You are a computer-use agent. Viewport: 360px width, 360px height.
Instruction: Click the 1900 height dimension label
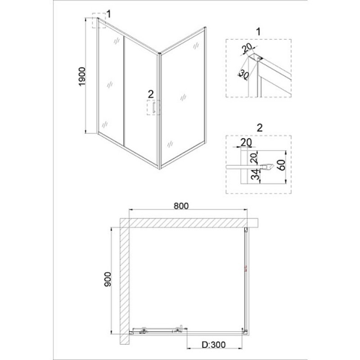click(x=82, y=76)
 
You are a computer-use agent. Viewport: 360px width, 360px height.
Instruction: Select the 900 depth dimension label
click(x=108, y=279)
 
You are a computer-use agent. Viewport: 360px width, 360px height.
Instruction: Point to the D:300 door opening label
click(x=213, y=344)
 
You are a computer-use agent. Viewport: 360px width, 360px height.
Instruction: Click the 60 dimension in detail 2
click(x=282, y=165)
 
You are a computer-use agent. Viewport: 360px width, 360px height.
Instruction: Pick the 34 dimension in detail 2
click(x=254, y=175)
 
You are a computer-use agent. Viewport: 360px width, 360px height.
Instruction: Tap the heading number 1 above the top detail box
click(x=258, y=31)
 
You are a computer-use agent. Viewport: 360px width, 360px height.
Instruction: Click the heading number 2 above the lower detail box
click(x=260, y=128)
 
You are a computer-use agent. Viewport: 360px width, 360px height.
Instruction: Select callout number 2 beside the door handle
click(x=151, y=94)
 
